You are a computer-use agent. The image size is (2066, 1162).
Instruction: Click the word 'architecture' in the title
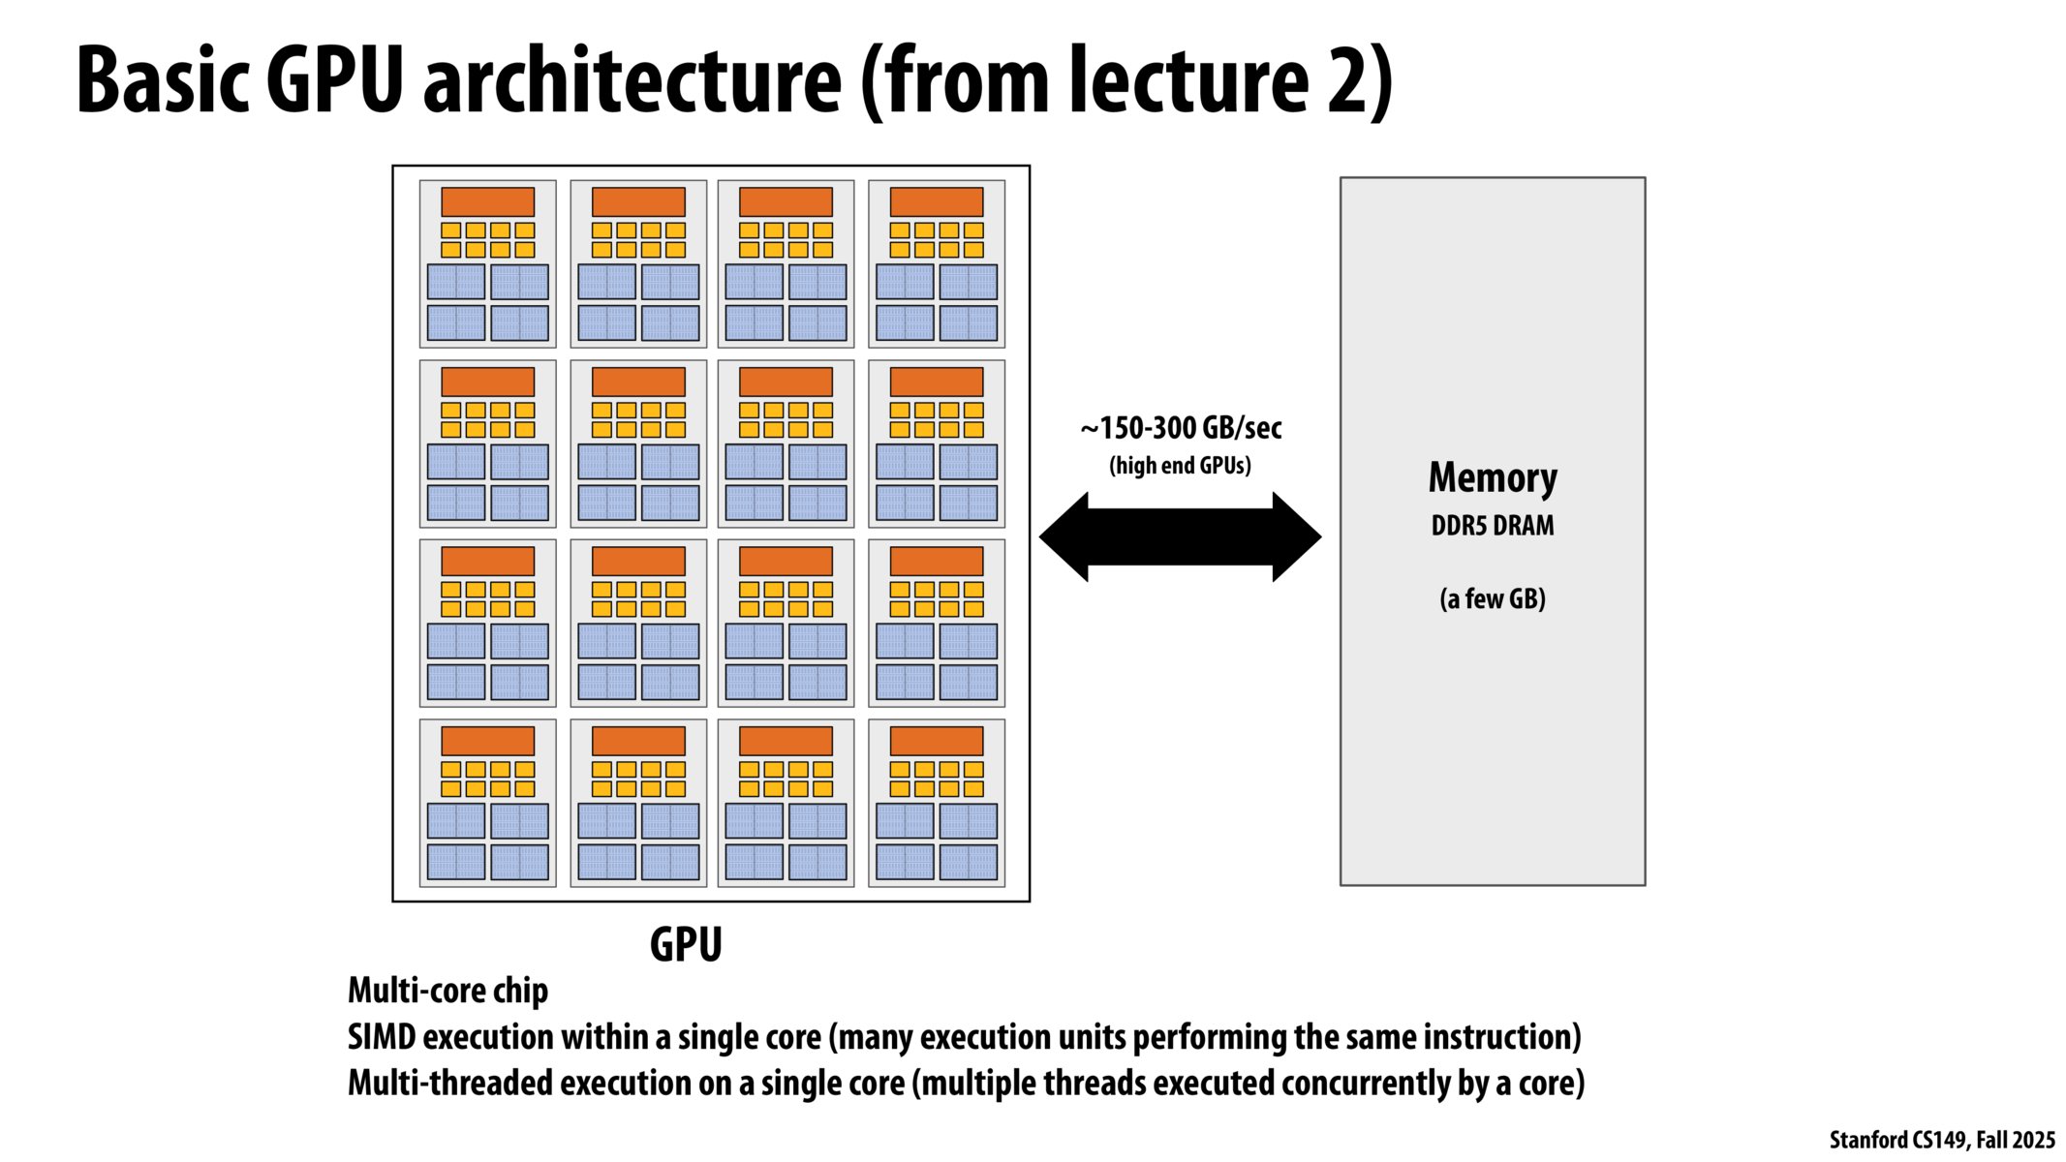point(632,81)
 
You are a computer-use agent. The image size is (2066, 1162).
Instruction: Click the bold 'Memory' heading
point(1493,477)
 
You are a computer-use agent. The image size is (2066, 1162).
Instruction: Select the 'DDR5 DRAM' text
point(1493,526)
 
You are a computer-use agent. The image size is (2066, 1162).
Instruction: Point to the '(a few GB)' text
point(1493,598)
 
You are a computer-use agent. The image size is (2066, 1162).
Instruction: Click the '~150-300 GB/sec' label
point(1181,428)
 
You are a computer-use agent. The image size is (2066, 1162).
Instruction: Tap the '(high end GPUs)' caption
point(1180,466)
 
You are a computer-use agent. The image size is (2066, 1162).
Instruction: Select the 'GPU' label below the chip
point(686,944)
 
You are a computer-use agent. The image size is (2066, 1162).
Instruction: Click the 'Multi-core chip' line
point(447,991)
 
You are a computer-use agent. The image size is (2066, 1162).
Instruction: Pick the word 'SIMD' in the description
point(382,1037)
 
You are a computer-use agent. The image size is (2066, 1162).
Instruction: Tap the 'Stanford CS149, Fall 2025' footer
point(1941,1140)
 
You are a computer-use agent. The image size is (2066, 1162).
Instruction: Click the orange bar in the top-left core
point(487,202)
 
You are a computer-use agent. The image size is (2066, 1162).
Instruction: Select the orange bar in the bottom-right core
point(937,741)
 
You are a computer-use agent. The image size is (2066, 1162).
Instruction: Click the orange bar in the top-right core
point(937,202)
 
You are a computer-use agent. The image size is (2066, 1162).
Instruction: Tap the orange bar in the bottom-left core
point(487,741)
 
